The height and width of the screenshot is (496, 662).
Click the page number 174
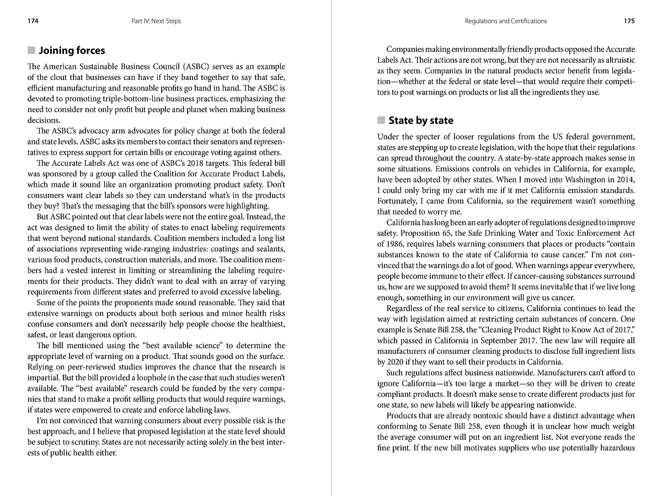[33, 21]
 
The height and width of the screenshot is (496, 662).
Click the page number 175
[629, 21]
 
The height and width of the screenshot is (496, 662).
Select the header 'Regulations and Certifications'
[506, 21]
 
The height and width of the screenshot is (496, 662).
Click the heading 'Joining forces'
[72, 51]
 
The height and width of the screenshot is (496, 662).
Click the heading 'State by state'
[421, 121]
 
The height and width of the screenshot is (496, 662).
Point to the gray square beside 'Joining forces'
[31, 51]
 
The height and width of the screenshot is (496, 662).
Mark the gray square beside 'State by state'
[381, 121]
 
